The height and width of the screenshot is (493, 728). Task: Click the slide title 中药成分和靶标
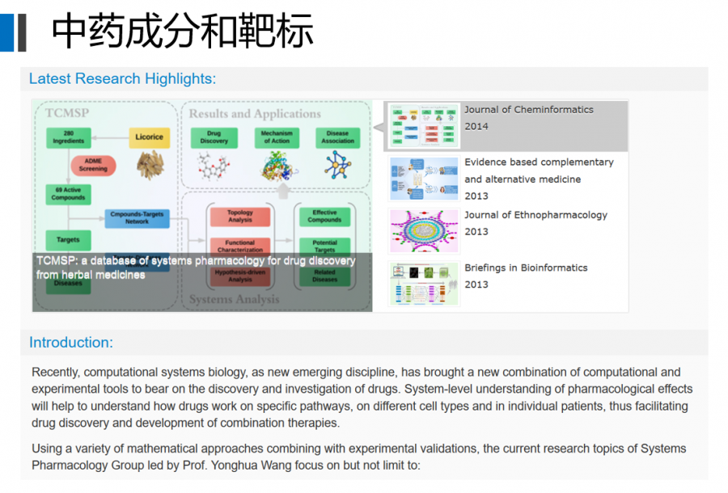coord(183,32)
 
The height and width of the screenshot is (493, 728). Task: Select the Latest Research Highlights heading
coord(122,78)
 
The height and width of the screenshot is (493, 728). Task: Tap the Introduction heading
coord(71,342)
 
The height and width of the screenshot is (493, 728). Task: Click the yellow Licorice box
coord(150,137)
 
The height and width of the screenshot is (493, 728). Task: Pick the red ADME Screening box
coord(93,165)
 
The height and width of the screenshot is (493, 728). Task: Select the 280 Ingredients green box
coord(69,137)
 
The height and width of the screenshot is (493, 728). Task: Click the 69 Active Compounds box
coord(69,194)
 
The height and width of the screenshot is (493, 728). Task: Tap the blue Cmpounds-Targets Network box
coord(137,218)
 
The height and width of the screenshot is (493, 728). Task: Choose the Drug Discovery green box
coord(214,137)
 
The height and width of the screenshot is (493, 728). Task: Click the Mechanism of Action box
coord(276,137)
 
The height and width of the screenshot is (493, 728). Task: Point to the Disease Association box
coord(337,137)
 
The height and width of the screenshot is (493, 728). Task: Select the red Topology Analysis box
coord(239,217)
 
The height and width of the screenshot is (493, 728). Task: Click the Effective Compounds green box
coord(324,217)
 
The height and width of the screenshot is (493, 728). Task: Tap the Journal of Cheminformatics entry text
coord(528,110)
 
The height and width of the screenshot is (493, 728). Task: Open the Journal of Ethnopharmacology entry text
coord(535,215)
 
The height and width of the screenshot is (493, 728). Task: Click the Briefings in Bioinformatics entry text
coord(526,268)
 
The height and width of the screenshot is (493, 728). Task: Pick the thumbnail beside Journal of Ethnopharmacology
coord(424,231)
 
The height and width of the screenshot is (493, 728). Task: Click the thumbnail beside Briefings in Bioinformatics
coord(424,284)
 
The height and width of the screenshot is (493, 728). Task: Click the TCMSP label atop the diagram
coord(67,113)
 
